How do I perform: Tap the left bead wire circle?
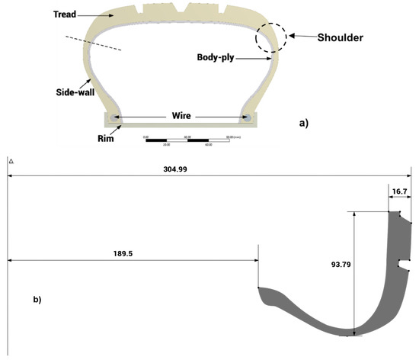click(x=114, y=118)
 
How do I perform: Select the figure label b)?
click(x=36, y=299)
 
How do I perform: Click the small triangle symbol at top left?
click(x=11, y=162)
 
